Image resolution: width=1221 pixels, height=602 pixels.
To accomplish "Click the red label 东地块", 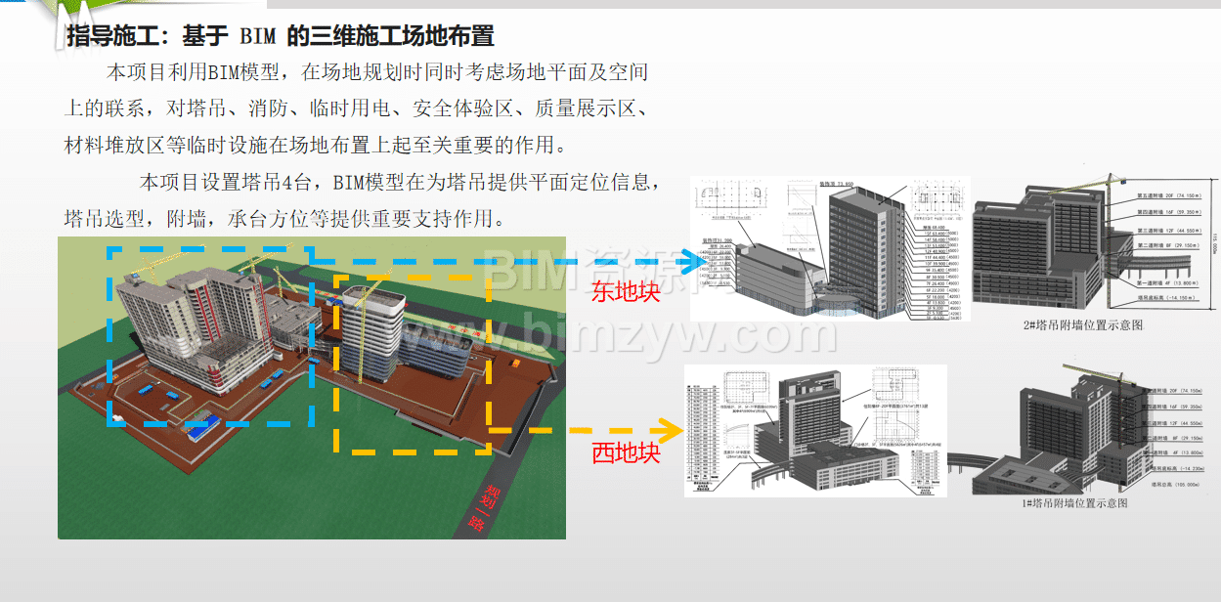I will (626, 290).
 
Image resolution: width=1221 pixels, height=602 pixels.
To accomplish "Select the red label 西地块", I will (626, 453).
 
